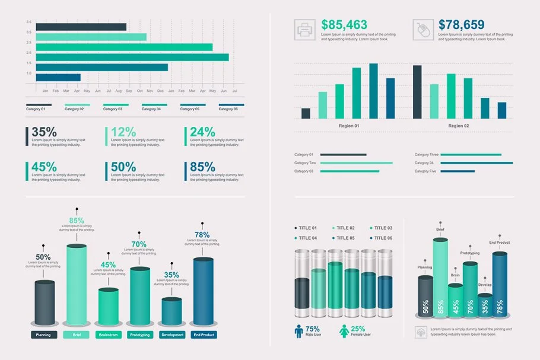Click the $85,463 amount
click(x=344, y=25)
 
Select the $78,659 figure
click(x=462, y=25)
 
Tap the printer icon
click(x=305, y=30)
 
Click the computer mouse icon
click(x=423, y=30)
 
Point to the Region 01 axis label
click(x=349, y=126)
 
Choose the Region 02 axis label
click(x=459, y=126)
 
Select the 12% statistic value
click(x=123, y=132)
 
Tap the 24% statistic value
click(x=203, y=132)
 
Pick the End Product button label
click(x=204, y=335)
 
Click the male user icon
click(x=298, y=331)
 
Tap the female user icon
click(x=344, y=331)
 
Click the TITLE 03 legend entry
click(x=381, y=228)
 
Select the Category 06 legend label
click(x=227, y=109)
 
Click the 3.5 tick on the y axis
click(x=29, y=22)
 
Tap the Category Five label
click(x=425, y=171)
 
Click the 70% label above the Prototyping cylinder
click(x=139, y=244)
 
